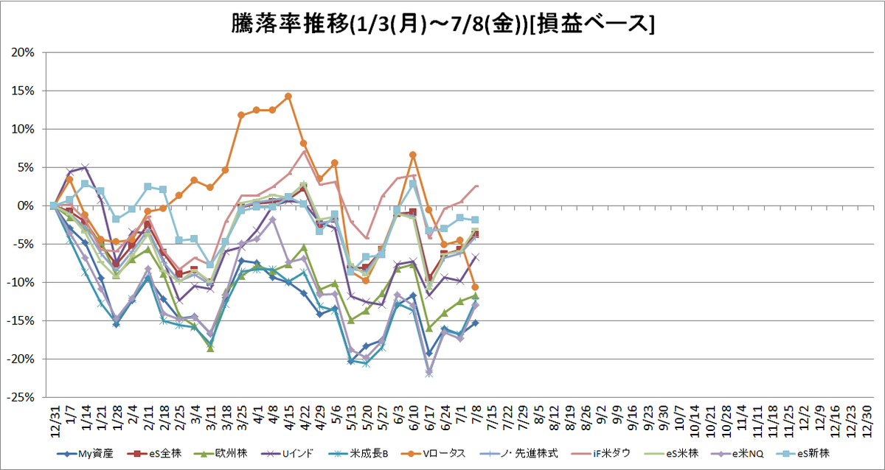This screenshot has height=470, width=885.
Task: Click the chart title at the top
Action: pos(442,24)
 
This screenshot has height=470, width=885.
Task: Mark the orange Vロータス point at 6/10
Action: pos(413,155)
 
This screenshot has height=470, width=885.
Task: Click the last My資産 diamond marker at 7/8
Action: pos(476,323)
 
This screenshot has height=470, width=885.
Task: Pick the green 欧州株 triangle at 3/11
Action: pos(210,348)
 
